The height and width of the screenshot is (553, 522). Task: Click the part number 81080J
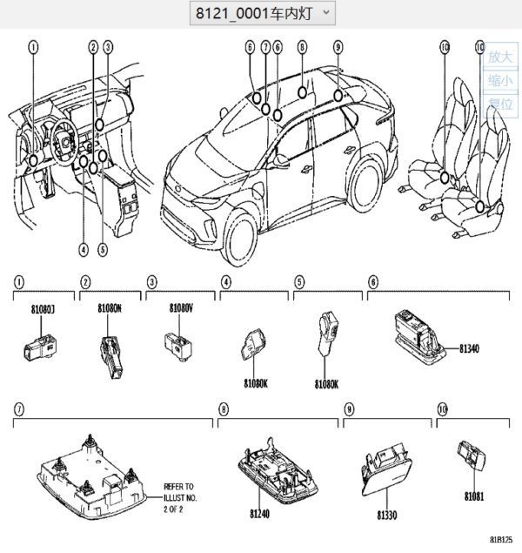click(42, 308)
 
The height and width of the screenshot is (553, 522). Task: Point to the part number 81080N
click(110, 308)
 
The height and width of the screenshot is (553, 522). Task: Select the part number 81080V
click(182, 308)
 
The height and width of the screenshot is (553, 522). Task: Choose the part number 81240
click(260, 514)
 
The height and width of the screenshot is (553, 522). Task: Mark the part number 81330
click(387, 516)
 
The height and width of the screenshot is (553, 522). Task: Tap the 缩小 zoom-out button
click(499, 81)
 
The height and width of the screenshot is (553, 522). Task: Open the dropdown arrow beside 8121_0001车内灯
click(326, 12)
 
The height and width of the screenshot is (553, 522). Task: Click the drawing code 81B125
click(500, 541)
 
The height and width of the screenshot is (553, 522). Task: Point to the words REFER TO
click(179, 487)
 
